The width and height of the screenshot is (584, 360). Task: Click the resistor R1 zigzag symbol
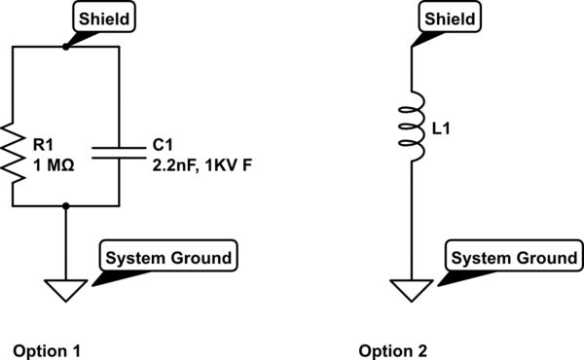[13, 153]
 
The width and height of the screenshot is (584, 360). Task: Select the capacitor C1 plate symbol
[118, 152]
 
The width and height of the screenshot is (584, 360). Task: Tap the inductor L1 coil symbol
[413, 126]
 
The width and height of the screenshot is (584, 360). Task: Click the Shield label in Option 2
[450, 18]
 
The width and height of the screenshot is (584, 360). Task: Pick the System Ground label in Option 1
[167, 258]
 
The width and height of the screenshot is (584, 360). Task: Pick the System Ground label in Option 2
[514, 258]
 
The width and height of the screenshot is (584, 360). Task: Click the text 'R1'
[41, 144]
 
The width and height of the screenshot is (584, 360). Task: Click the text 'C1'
[163, 144]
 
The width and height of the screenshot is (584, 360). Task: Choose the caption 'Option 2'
[391, 350]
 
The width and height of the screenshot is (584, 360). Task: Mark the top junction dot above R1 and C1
[65, 46]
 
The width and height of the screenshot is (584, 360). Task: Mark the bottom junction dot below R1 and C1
[65, 205]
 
